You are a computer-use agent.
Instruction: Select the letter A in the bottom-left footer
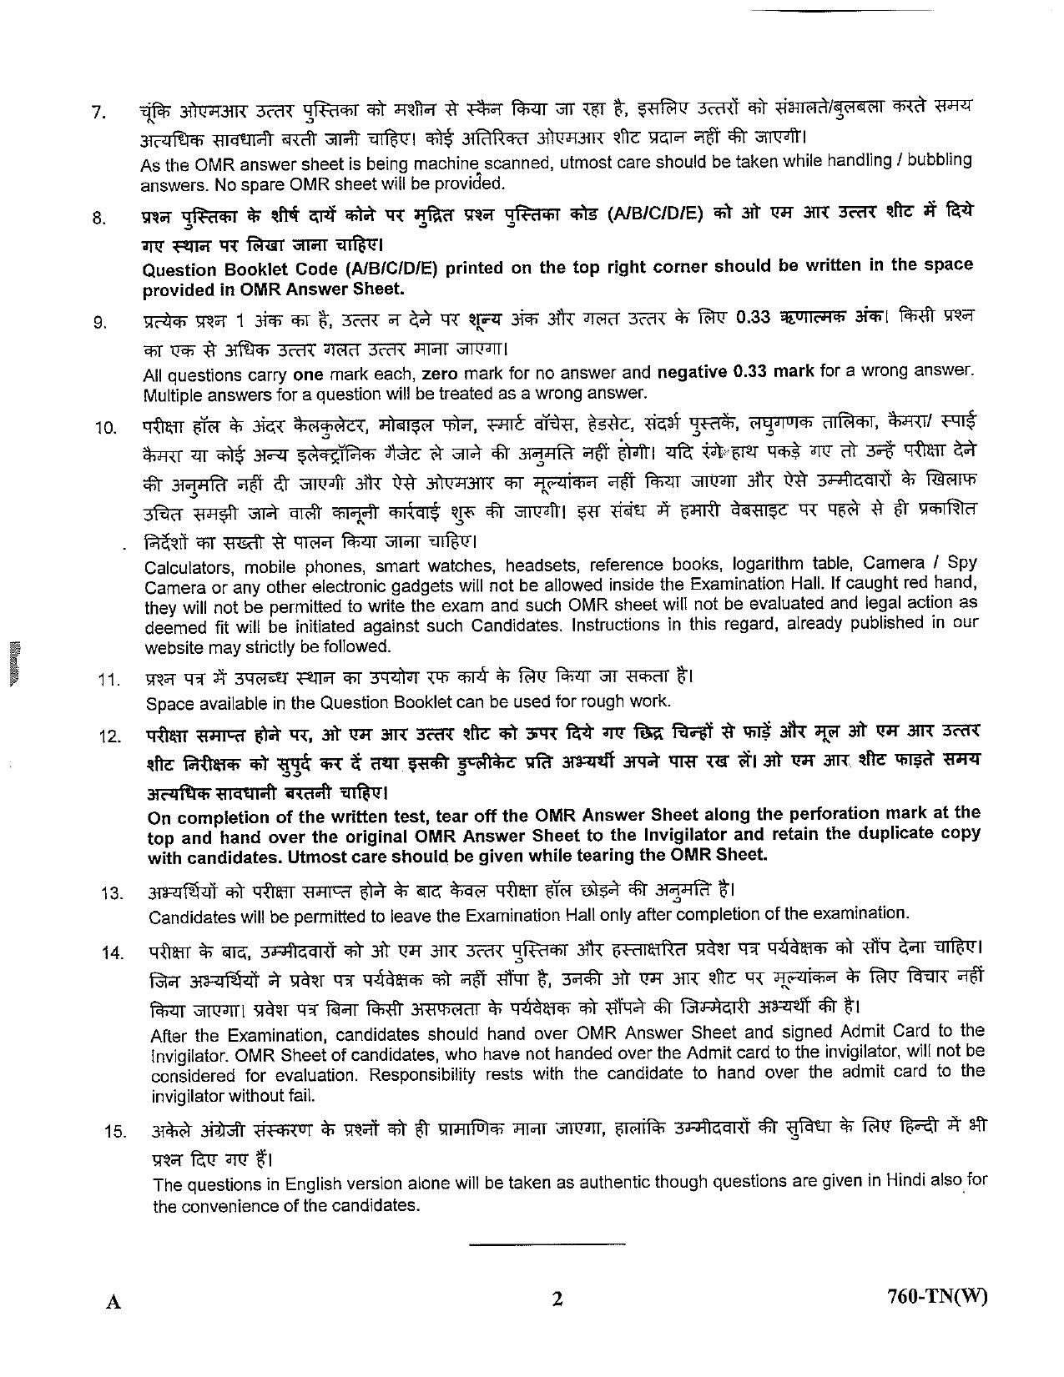(x=114, y=1302)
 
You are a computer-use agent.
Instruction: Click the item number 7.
(x=99, y=112)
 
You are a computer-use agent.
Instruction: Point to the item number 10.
(x=105, y=429)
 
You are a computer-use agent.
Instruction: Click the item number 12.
(x=110, y=737)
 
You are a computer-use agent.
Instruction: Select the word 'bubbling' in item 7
(x=940, y=160)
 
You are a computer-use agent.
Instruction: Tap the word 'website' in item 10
(x=174, y=647)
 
